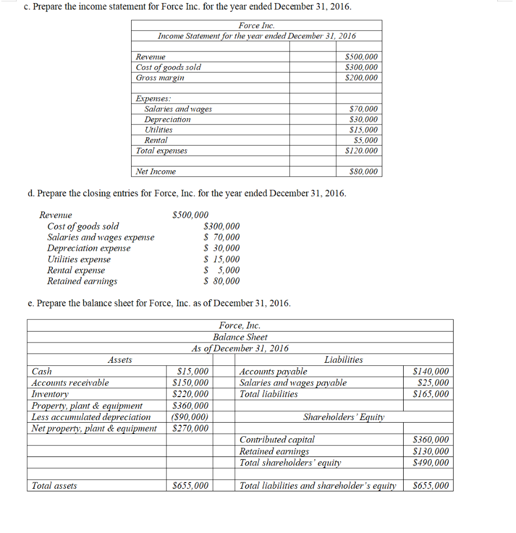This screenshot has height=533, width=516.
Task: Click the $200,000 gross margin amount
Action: coord(362,78)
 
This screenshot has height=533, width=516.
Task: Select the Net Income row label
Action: coord(156,172)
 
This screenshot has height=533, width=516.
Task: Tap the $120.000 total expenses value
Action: coord(362,151)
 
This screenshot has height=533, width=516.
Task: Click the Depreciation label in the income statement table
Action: coord(167,120)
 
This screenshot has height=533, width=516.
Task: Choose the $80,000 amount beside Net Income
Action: coord(365,172)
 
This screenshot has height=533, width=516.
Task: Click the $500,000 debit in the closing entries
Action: coord(190,215)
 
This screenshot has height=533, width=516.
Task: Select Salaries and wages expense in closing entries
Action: coord(101,237)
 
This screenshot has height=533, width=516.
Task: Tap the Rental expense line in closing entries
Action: coord(76,270)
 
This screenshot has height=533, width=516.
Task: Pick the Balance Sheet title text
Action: coord(240,337)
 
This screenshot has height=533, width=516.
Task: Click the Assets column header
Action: coord(120,360)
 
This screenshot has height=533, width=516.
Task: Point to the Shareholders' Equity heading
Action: coord(343,417)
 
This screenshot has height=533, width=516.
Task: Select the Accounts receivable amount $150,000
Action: coord(190,383)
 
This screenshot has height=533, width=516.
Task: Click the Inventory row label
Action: coord(50,394)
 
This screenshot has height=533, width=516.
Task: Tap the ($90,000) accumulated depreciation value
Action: coord(190,417)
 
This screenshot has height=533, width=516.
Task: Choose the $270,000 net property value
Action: coord(190,428)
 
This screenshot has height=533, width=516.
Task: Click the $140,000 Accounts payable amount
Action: coord(430,372)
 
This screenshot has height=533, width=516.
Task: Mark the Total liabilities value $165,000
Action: coord(430,394)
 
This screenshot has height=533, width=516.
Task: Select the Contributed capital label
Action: coord(277,440)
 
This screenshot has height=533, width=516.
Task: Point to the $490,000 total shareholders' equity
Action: coord(430,463)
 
